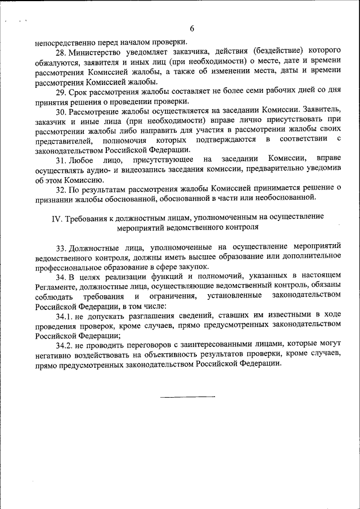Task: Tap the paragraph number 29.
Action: pyautogui.click(x=63, y=92)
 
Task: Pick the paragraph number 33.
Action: pyautogui.click(x=62, y=247)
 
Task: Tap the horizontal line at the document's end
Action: pyautogui.click(x=187, y=397)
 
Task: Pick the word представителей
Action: pyautogui.click(x=61, y=139)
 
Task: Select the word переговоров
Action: pyautogui.click(x=148, y=344)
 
